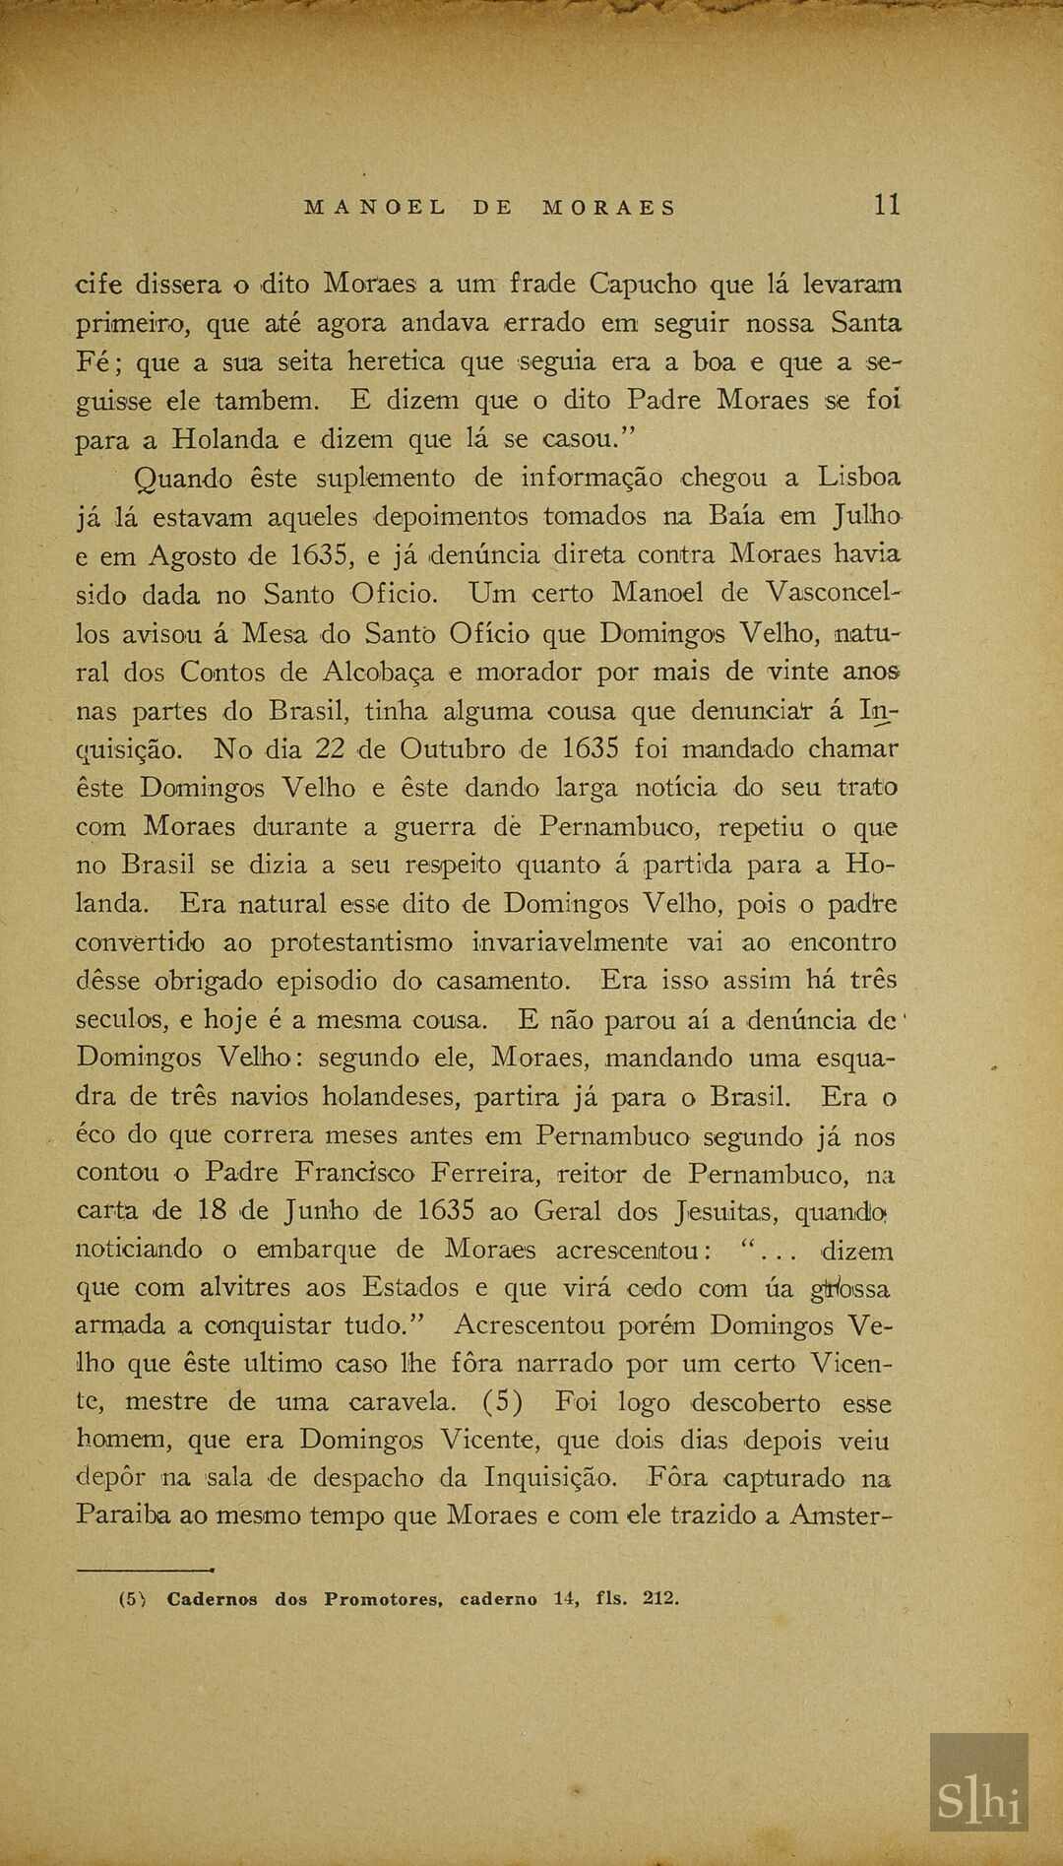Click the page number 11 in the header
[886, 205]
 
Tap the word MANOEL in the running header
[375, 208]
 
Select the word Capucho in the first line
[643, 285]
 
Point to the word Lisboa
[858, 478]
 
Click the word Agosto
[193, 556]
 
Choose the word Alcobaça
[377, 673]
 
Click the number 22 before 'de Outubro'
[329, 749]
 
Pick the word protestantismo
[361, 942]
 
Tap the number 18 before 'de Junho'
[212, 1211]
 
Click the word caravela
[402, 1402]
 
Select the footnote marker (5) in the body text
[502, 1402]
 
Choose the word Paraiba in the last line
[123, 1516]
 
